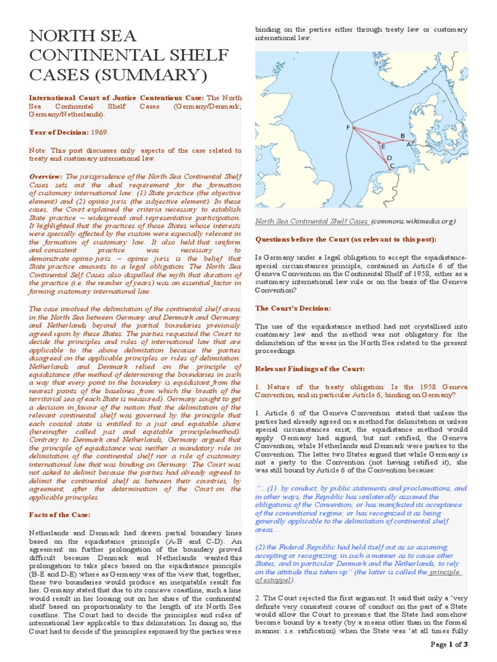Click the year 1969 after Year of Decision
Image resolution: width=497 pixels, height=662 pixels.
coord(98,131)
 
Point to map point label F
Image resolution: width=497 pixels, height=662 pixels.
coord(348,128)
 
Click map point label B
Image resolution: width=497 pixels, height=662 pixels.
coord(403,136)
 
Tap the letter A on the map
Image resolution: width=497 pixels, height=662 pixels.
coord(408,145)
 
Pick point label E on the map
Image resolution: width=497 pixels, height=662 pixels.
coord(383,147)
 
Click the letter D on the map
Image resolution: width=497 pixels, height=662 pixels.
coord(389,158)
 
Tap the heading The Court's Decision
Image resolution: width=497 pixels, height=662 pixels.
coord(293,308)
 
